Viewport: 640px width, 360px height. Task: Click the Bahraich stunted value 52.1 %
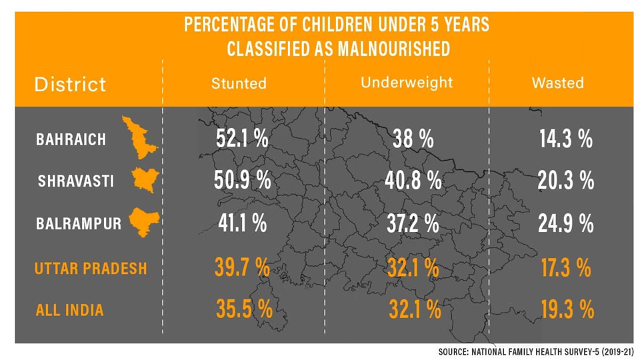point(242,139)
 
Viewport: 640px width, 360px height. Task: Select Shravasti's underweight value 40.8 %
point(413,180)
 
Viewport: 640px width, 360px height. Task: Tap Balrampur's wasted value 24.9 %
point(565,223)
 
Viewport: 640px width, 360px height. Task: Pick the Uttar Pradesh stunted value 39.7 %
point(242,268)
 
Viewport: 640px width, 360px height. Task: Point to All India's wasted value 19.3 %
point(565,309)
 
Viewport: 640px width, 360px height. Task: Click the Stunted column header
point(239,83)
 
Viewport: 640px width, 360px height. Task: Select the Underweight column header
point(407,83)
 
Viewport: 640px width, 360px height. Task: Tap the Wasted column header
point(557,83)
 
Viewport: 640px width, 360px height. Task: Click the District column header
point(70,85)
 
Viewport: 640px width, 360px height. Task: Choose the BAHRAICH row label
point(71,140)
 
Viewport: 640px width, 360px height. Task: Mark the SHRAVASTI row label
point(75,181)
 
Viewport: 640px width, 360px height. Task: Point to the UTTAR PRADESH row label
point(91,269)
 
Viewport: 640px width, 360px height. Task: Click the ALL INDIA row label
point(70,310)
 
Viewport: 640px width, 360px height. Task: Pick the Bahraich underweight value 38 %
point(413,140)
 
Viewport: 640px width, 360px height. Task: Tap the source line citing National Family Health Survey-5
point(535,351)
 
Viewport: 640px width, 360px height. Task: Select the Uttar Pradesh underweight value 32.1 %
point(413,268)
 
